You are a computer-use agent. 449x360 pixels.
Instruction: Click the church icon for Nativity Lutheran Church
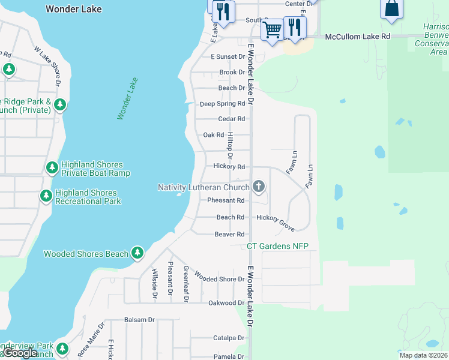259,186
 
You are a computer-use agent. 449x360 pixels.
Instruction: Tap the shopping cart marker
273,28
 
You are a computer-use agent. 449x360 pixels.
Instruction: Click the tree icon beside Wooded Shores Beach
137,253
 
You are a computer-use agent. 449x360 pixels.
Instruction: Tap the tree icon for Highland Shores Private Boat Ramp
52,167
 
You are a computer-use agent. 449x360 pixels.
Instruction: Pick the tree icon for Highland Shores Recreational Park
46,196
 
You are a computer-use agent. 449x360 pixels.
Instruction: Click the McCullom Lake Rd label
358,37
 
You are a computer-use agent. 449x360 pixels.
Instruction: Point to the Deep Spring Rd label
222,103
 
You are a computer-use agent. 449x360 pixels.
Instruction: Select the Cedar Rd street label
232,119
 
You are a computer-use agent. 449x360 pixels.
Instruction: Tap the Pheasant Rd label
226,200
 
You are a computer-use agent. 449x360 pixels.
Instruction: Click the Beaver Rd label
229,234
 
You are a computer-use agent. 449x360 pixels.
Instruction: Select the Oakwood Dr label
226,303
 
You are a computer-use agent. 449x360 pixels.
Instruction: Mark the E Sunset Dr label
228,56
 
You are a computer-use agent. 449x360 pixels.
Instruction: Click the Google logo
20,353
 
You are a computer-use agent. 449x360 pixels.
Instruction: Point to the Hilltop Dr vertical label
229,146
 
